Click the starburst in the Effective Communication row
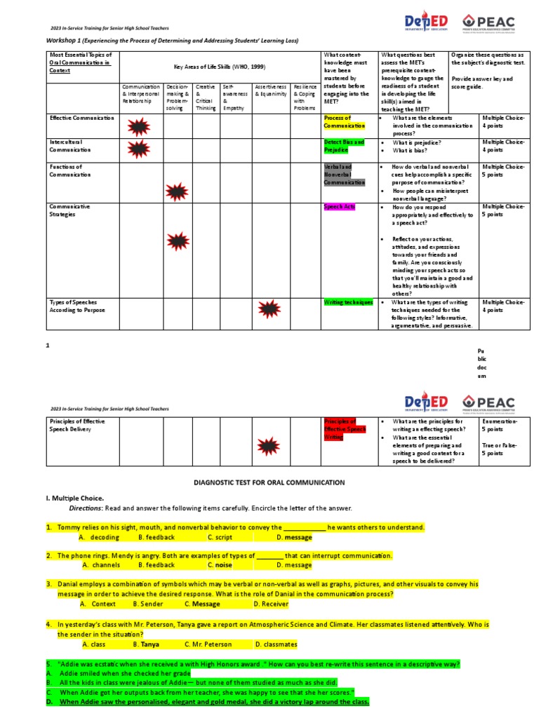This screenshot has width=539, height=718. (138, 127)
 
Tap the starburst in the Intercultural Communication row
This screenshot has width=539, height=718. (138, 149)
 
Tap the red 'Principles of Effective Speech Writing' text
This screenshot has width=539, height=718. (345, 429)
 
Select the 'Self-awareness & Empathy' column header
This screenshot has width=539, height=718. (235, 97)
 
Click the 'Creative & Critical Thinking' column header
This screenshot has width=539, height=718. (206, 97)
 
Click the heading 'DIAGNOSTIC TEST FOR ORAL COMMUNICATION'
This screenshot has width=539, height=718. (269, 482)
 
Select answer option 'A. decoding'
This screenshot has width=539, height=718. (99, 537)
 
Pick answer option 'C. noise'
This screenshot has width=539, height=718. (220, 564)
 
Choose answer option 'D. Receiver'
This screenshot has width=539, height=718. (271, 603)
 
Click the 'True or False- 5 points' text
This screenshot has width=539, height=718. (500, 449)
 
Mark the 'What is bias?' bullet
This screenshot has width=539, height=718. (412, 151)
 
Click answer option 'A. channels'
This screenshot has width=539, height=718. (101, 564)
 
